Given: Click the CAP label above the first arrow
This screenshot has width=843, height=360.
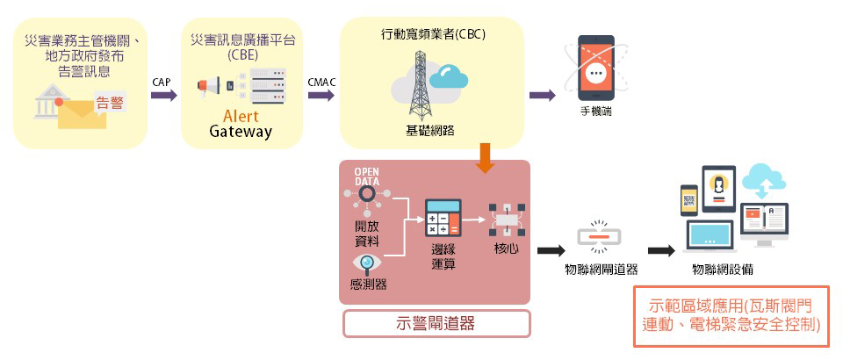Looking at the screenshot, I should pos(162,82).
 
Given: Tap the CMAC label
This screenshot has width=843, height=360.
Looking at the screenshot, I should pos(321,82).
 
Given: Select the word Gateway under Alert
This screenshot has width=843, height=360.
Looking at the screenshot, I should pos(241,133).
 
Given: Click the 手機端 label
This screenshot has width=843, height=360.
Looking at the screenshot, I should pos(596,112).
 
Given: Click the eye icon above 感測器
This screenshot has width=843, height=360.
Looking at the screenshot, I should pos(367,263).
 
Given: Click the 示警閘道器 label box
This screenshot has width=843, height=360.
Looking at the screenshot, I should pos(436,323).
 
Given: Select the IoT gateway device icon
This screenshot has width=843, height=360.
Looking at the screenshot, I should pos(600,236).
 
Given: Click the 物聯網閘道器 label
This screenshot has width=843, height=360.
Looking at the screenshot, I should pos(601,270).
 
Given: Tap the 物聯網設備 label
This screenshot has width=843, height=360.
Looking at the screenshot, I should pos(722,270).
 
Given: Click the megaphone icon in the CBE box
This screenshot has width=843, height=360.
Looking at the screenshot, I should pos(209,86).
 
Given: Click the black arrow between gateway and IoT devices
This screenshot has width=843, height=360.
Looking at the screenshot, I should pos(660,250).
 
